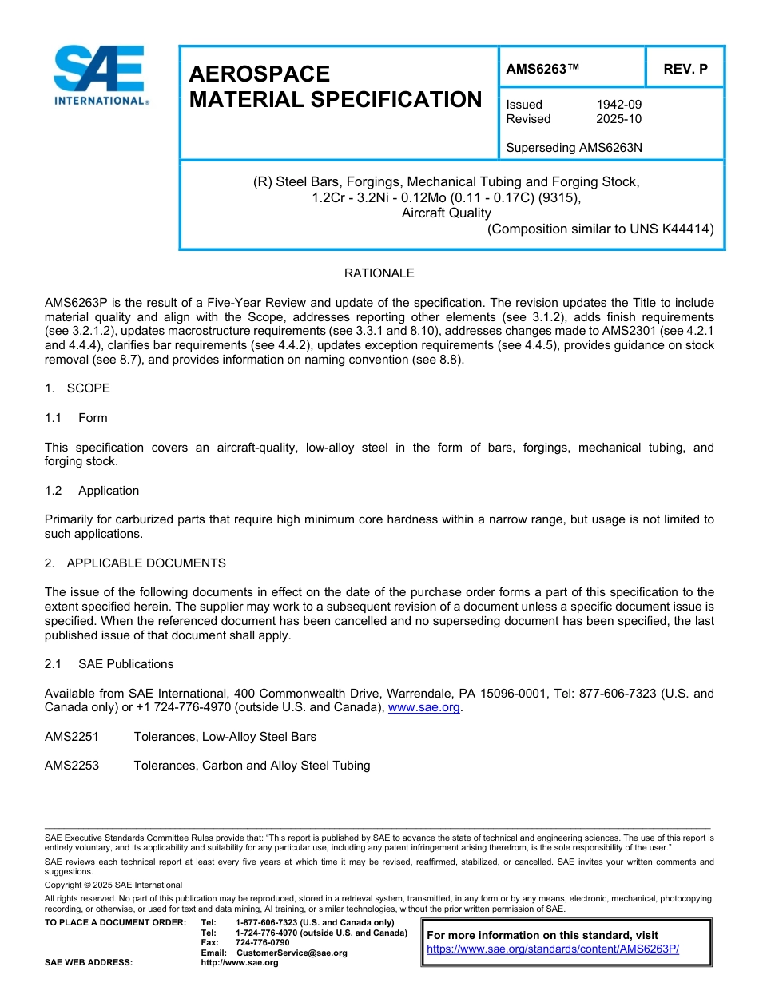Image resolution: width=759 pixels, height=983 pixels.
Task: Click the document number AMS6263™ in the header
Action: point(542,69)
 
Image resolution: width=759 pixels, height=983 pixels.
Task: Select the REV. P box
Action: point(685,69)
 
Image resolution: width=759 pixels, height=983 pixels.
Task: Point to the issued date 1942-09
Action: point(618,105)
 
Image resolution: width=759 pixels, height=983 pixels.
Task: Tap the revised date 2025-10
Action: point(618,119)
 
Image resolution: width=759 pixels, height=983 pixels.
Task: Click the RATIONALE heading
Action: point(379,273)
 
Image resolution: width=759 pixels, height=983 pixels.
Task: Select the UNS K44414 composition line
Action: point(600,229)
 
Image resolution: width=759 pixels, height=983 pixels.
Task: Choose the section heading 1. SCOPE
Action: point(77,388)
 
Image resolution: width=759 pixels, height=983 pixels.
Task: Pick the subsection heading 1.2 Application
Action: point(92,491)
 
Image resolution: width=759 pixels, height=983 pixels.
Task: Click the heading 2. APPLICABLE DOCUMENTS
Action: point(135,563)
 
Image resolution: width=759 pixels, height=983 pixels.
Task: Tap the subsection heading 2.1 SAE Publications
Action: point(109,664)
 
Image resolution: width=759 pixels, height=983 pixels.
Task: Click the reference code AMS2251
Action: point(72,737)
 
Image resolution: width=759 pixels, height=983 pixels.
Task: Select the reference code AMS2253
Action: point(72,766)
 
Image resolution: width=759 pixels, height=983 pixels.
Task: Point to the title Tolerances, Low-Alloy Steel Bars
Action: point(225,737)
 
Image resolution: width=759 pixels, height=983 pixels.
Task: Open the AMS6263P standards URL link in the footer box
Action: point(552,949)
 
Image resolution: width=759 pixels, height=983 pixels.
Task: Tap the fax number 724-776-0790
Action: point(263,943)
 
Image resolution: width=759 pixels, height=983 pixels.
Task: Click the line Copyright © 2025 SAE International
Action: point(113,885)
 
